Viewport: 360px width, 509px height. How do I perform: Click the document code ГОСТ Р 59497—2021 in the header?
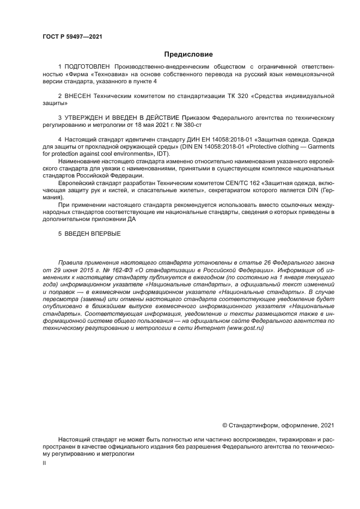coord(72,36)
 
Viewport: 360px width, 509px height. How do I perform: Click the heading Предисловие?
coord(188,54)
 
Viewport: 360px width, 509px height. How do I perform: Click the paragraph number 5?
coord(60,233)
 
